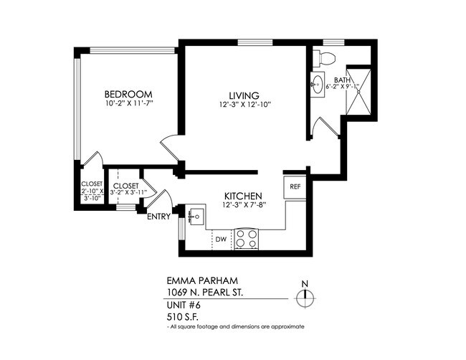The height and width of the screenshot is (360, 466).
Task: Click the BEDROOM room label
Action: (129, 95)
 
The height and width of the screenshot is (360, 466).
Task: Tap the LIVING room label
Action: (244, 95)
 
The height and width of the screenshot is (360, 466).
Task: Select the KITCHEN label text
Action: (243, 196)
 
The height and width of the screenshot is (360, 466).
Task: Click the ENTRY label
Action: (158, 217)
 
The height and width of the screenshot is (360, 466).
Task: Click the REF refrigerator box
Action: (295, 186)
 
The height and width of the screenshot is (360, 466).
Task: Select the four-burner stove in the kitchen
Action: (247, 238)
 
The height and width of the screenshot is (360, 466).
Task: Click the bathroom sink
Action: (318, 85)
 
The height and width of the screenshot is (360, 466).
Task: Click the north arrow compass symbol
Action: (305, 295)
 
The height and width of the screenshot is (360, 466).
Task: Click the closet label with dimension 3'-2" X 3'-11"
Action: (125, 189)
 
